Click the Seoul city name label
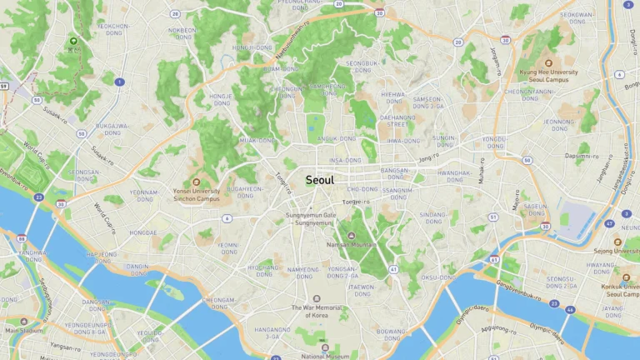(320, 180)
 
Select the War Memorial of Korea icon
(316, 298)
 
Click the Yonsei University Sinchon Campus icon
(197, 182)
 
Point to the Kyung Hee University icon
(548, 62)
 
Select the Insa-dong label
(346, 160)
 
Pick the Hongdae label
(142, 233)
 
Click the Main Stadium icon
(23, 322)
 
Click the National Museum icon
(326, 347)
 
